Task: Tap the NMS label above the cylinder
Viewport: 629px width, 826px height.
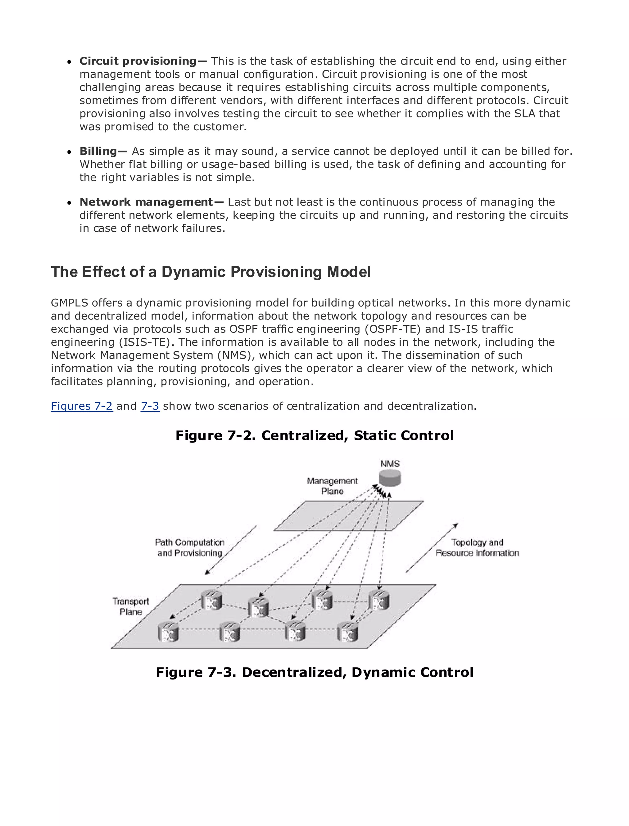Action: pyautogui.click(x=390, y=464)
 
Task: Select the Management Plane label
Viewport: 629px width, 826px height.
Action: pyautogui.click(x=332, y=486)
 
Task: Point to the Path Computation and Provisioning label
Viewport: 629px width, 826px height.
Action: pyautogui.click(x=190, y=548)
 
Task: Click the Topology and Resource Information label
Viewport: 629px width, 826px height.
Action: pyautogui.click(x=477, y=548)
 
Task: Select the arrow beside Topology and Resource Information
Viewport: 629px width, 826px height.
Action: pyautogui.click(x=432, y=548)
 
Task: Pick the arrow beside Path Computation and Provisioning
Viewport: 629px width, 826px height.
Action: pyautogui.click(x=231, y=550)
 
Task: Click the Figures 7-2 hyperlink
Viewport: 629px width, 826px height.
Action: pyautogui.click(x=82, y=406)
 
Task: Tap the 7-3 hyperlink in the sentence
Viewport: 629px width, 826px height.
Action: pyautogui.click(x=150, y=406)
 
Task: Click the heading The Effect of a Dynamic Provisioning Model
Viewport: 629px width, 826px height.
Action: pyautogui.click(x=211, y=272)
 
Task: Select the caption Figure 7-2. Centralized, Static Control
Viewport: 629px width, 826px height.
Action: pyautogui.click(x=314, y=435)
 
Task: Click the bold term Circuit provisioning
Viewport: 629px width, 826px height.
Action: pyautogui.click(x=138, y=61)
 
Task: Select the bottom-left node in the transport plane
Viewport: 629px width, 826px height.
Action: pyautogui.click(x=168, y=631)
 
